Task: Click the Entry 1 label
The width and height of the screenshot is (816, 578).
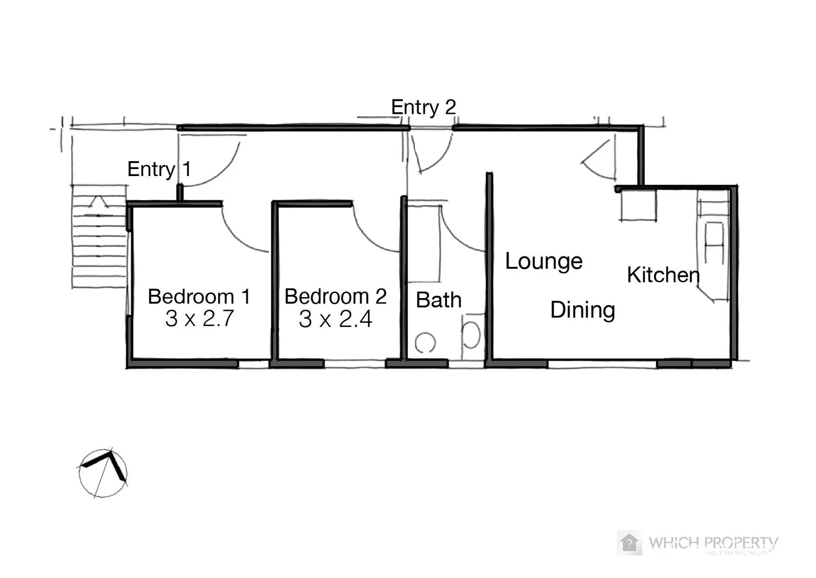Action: pyautogui.click(x=159, y=169)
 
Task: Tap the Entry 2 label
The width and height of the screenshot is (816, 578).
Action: pyautogui.click(x=423, y=107)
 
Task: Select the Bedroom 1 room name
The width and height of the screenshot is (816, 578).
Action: pyautogui.click(x=199, y=296)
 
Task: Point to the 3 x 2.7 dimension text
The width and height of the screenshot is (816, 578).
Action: pyautogui.click(x=199, y=319)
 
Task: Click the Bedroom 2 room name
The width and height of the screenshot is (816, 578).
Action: pyautogui.click(x=335, y=296)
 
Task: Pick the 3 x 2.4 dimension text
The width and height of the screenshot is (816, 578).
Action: pyautogui.click(x=335, y=320)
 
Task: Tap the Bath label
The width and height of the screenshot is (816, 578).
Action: pyautogui.click(x=438, y=300)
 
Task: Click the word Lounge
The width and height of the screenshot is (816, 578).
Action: pyautogui.click(x=544, y=261)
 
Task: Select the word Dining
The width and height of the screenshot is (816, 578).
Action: pyautogui.click(x=582, y=310)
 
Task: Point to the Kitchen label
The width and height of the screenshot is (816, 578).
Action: pyautogui.click(x=663, y=275)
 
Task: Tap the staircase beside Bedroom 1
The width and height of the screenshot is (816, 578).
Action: pyautogui.click(x=99, y=238)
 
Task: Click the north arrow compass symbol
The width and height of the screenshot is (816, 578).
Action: pyautogui.click(x=103, y=473)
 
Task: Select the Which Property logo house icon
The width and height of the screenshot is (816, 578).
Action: pyautogui.click(x=629, y=543)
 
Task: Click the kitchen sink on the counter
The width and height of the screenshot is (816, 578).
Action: pyautogui.click(x=714, y=243)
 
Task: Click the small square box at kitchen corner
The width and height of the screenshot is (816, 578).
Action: pyautogui.click(x=638, y=205)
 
